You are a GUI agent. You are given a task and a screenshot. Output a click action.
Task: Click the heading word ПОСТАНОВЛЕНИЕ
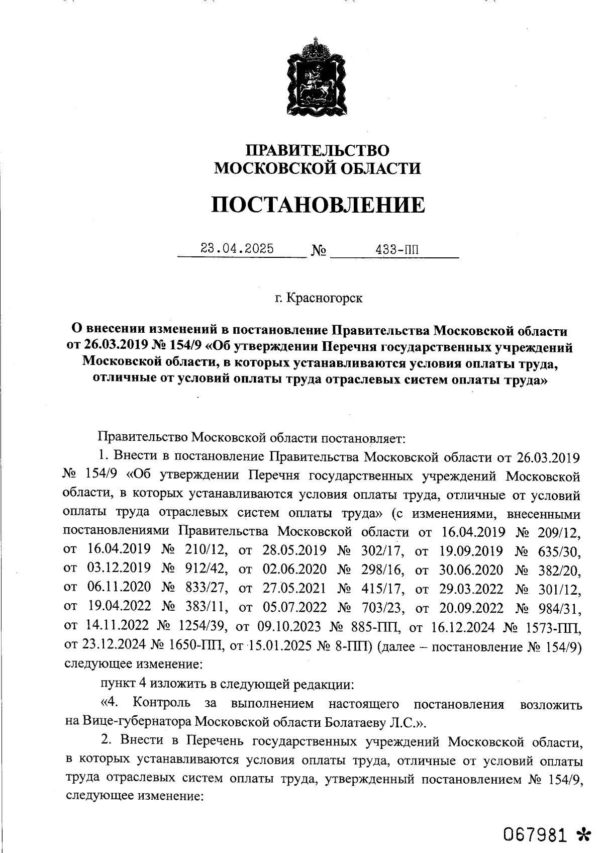tap(317, 205)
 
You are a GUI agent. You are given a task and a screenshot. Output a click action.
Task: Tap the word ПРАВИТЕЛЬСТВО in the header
tap(317, 150)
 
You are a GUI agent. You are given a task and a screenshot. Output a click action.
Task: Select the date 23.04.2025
tap(237, 248)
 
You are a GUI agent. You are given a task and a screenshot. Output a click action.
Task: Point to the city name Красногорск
tap(324, 298)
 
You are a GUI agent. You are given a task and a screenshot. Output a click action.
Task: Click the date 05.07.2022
tap(295, 608)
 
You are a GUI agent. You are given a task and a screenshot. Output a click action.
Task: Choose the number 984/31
tap(561, 608)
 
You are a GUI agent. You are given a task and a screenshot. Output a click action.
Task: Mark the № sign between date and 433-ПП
tap(319, 250)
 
